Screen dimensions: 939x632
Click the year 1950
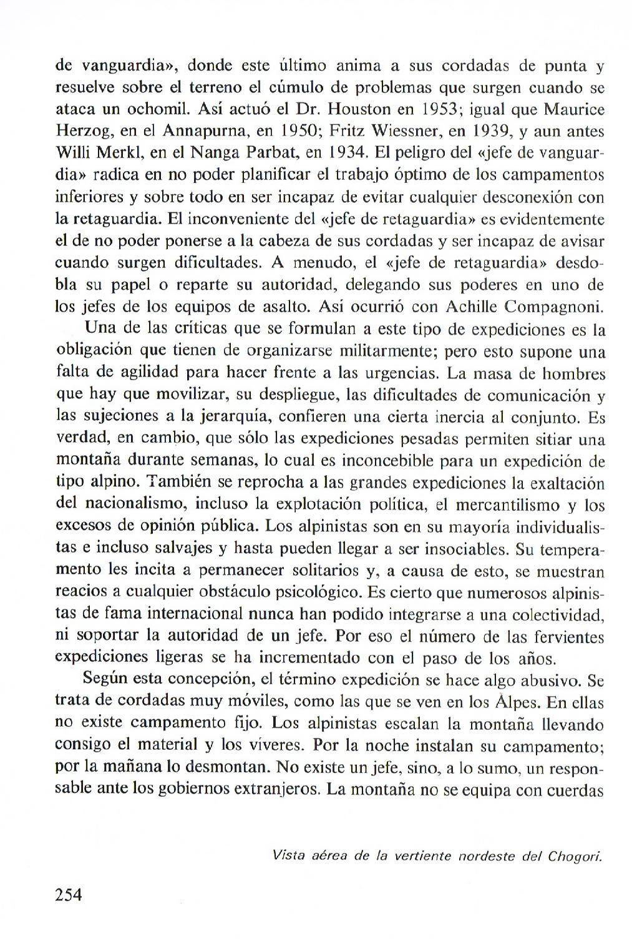click(298, 131)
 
